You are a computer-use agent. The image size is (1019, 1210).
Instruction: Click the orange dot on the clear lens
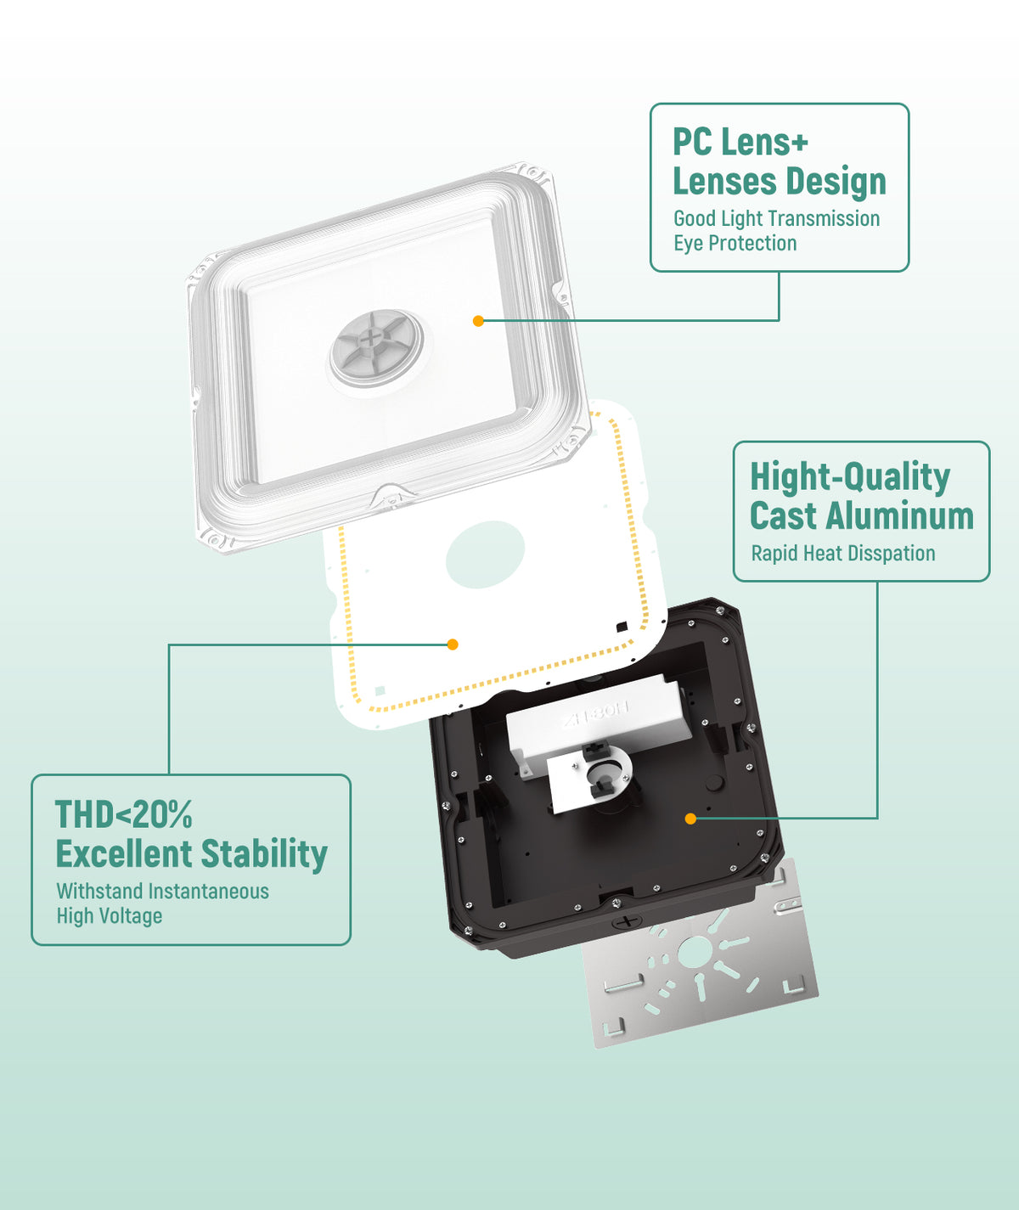click(x=478, y=320)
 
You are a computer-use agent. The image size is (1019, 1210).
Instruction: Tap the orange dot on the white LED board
click(x=453, y=644)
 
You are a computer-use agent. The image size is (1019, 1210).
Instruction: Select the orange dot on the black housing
click(x=690, y=819)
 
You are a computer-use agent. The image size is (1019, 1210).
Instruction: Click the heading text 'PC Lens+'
click(x=740, y=142)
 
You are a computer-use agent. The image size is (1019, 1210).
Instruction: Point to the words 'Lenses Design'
click(x=780, y=182)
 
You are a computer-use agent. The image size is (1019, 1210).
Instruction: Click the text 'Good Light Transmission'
click(x=777, y=218)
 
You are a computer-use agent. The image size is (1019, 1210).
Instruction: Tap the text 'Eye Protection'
click(x=735, y=244)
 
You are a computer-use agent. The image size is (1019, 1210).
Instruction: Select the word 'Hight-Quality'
click(x=850, y=478)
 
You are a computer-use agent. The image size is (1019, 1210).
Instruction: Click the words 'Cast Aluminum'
click(x=862, y=515)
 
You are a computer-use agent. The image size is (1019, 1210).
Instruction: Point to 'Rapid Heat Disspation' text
click(x=843, y=554)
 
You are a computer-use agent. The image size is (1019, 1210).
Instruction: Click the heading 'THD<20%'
click(x=123, y=814)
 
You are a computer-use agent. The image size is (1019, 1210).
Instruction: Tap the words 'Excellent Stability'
click(x=192, y=853)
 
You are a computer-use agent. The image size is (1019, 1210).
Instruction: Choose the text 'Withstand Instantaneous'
click(x=163, y=892)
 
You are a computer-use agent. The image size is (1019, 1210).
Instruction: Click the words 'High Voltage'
click(x=110, y=916)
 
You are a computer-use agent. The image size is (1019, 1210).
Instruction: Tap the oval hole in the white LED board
click(x=485, y=554)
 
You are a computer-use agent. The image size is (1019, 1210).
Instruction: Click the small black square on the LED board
click(x=622, y=627)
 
